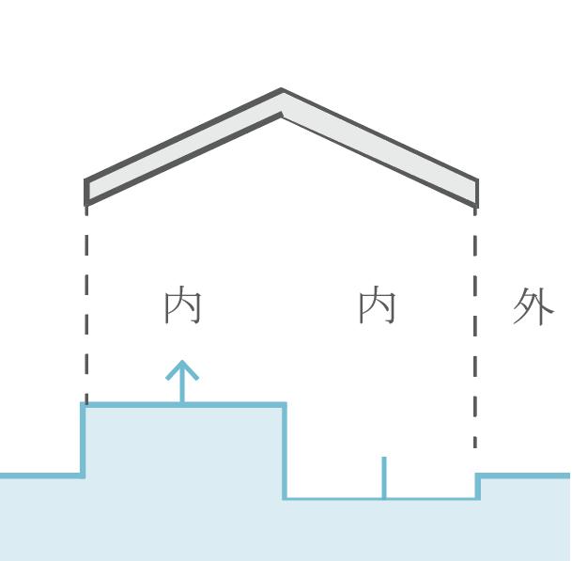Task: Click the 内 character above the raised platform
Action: coord(182,306)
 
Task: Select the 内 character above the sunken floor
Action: coord(378,306)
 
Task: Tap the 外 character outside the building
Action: coord(533,306)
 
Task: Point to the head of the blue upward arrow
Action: coord(182,366)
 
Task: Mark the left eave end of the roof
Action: coord(87,191)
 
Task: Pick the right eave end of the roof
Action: coord(476,193)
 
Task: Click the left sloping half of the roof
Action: coord(183,146)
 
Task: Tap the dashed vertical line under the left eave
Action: coord(86,301)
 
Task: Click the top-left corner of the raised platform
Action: coord(85,406)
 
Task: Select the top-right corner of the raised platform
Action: coord(284,406)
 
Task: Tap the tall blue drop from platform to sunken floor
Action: coord(285,451)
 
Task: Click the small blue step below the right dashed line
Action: coord(477,486)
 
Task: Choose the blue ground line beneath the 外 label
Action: coord(526,475)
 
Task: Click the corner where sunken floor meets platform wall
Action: coord(286,497)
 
